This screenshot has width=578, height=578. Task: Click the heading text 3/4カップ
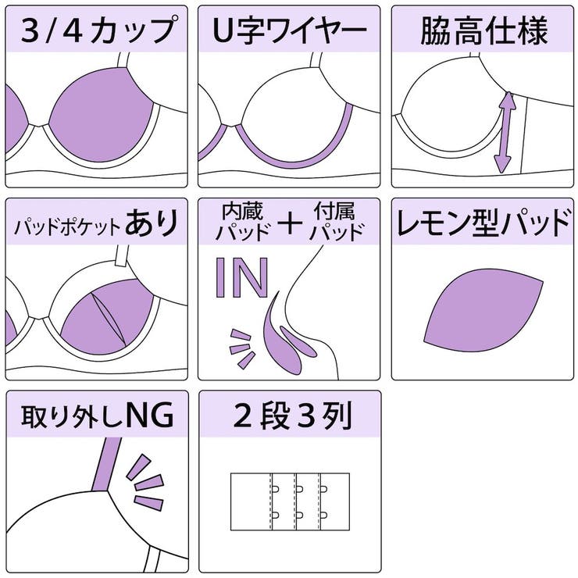(x=97, y=31)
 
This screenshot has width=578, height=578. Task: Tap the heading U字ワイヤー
(x=290, y=31)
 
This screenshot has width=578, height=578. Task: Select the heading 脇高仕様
(x=483, y=31)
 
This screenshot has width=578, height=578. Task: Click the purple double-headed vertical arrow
(x=505, y=132)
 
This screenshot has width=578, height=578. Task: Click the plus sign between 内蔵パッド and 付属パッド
(x=290, y=223)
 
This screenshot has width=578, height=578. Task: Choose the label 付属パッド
(x=337, y=222)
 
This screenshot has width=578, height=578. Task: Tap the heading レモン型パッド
(x=483, y=224)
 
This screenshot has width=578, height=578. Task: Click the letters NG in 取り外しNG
(x=148, y=417)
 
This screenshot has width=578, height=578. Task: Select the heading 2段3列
(x=290, y=417)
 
